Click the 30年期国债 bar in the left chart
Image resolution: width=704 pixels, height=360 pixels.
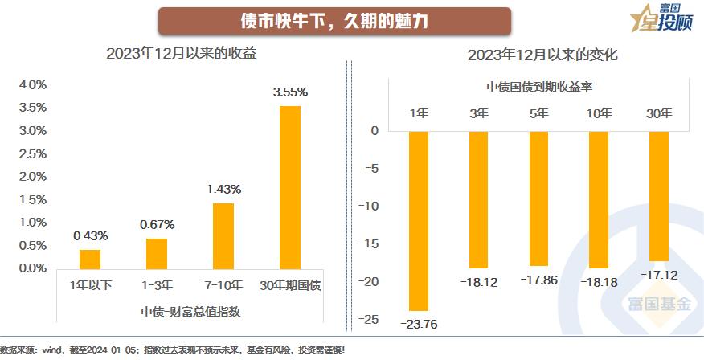(x=290, y=187)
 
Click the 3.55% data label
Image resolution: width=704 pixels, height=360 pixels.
(x=290, y=92)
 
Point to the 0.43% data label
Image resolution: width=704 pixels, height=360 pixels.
(x=90, y=235)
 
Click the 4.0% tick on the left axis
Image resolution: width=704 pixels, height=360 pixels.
(x=33, y=84)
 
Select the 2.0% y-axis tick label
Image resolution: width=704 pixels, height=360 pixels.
(x=33, y=176)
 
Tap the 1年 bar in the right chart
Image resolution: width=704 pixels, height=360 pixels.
(x=419, y=220)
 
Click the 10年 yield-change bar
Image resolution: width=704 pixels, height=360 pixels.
(x=599, y=199)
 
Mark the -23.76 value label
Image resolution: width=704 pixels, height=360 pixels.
(x=419, y=323)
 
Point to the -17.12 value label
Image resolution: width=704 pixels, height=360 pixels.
(x=659, y=274)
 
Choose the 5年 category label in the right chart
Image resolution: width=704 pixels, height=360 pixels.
(x=539, y=113)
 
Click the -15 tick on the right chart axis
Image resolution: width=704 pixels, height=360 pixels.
(x=370, y=244)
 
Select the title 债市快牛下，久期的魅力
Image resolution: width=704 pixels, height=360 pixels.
(x=334, y=21)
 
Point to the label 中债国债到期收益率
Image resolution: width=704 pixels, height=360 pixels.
(x=539, y=86)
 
